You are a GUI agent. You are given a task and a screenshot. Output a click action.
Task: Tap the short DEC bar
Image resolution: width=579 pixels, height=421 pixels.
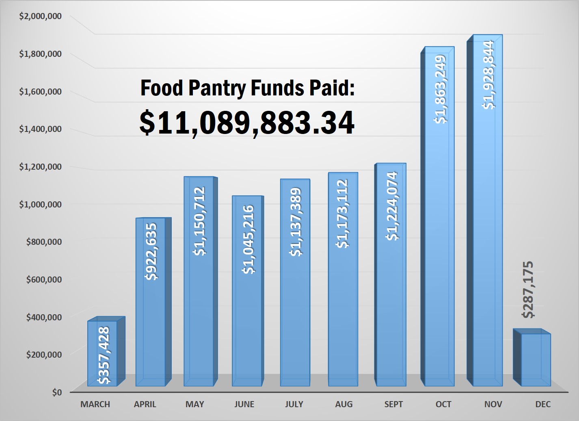point(536,359)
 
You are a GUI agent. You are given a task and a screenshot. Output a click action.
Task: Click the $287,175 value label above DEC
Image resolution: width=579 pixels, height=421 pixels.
point(528,289)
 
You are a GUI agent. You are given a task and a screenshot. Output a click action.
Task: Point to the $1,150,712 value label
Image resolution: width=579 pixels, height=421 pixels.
point(199,221)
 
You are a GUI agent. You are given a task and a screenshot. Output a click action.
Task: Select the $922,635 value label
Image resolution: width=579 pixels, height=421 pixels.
point(151,252)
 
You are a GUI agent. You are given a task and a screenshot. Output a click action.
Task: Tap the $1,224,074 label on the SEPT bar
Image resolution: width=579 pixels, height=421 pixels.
point(391,206)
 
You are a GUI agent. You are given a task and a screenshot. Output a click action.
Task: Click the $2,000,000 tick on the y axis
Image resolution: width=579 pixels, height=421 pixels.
point(41,16)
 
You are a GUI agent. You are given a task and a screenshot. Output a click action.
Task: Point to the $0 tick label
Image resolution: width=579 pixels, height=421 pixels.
point(57,392)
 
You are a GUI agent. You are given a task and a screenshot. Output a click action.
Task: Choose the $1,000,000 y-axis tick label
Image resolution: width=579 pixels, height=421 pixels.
point(41,204)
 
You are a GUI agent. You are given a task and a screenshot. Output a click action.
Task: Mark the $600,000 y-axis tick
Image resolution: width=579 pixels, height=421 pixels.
point(44,279)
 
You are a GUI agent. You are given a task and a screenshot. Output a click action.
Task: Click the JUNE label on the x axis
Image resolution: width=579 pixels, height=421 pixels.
point(244,404)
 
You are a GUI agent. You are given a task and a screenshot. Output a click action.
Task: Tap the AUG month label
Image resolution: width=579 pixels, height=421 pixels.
point(344,404)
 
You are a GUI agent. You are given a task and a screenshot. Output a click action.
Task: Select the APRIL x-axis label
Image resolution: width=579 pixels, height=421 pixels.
point(145,404)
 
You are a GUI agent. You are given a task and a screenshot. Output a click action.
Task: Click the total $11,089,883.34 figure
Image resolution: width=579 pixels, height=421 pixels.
point(247,123)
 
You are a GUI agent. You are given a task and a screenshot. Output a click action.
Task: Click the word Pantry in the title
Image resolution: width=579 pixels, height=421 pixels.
point(217,88)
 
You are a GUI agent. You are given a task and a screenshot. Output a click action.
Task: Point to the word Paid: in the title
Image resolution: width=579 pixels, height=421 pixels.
point(332,88)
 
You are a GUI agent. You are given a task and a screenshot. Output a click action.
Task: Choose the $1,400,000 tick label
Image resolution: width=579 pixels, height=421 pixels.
point(41,129)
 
